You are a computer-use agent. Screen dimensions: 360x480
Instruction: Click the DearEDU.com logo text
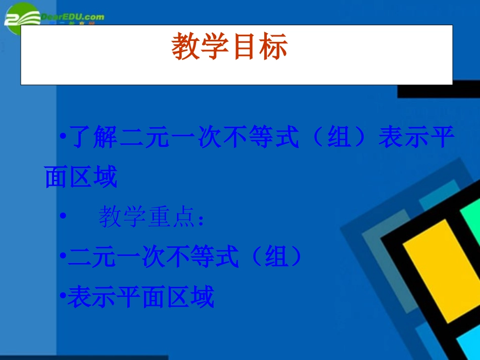pyautogui.click(x=73, y=17)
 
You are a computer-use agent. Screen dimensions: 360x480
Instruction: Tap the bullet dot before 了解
pyautogui.click(x=62, y=136)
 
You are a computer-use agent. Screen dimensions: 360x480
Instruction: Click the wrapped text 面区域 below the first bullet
pyautogui.click(x=81, y=177)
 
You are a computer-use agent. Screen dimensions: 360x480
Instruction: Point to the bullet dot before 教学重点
pyautogui.click(x=63, y=216)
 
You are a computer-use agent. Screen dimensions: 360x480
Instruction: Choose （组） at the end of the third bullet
pyautogui.click(x=277, y=258)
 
